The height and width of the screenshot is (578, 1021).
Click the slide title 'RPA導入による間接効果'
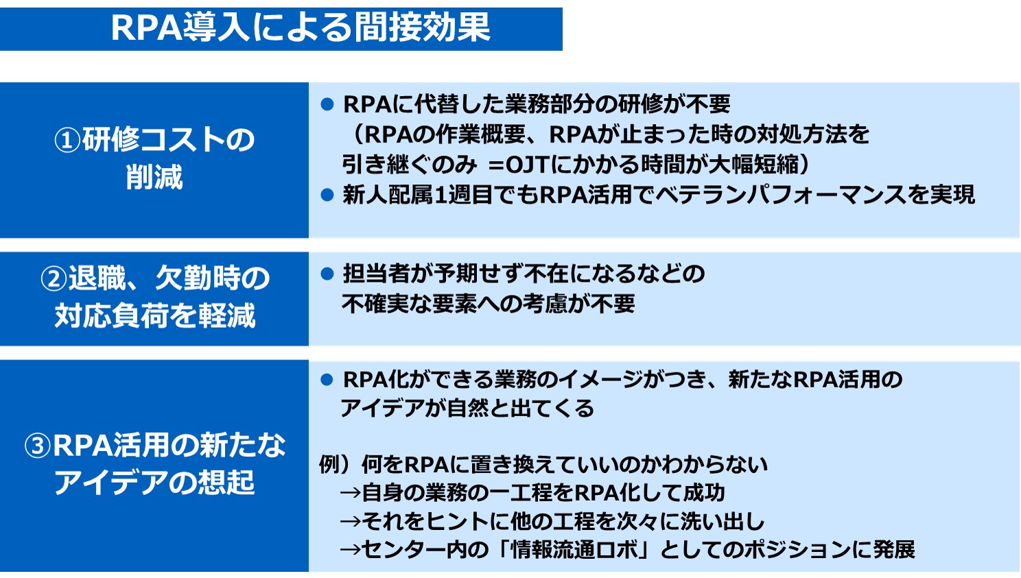point(301,28)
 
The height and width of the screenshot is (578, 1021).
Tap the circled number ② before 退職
point(54,279)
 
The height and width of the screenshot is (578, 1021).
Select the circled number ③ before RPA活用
point(38,446)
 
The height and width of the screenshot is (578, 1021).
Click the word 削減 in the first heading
point(154,177)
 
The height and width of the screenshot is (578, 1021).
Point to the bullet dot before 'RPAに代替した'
point(327,105)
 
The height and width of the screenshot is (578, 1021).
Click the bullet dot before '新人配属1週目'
point(327,195)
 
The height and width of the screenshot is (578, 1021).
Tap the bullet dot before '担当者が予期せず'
point(327,274)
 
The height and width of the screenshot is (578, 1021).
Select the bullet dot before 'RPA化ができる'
point(327,380)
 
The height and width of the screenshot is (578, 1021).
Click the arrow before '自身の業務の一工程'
point(351,493)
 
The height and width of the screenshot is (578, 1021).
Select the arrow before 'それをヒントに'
point(351,522)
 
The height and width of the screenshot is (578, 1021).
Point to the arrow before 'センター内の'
point(351,550)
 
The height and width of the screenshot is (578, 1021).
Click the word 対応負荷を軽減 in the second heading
point(154,316)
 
